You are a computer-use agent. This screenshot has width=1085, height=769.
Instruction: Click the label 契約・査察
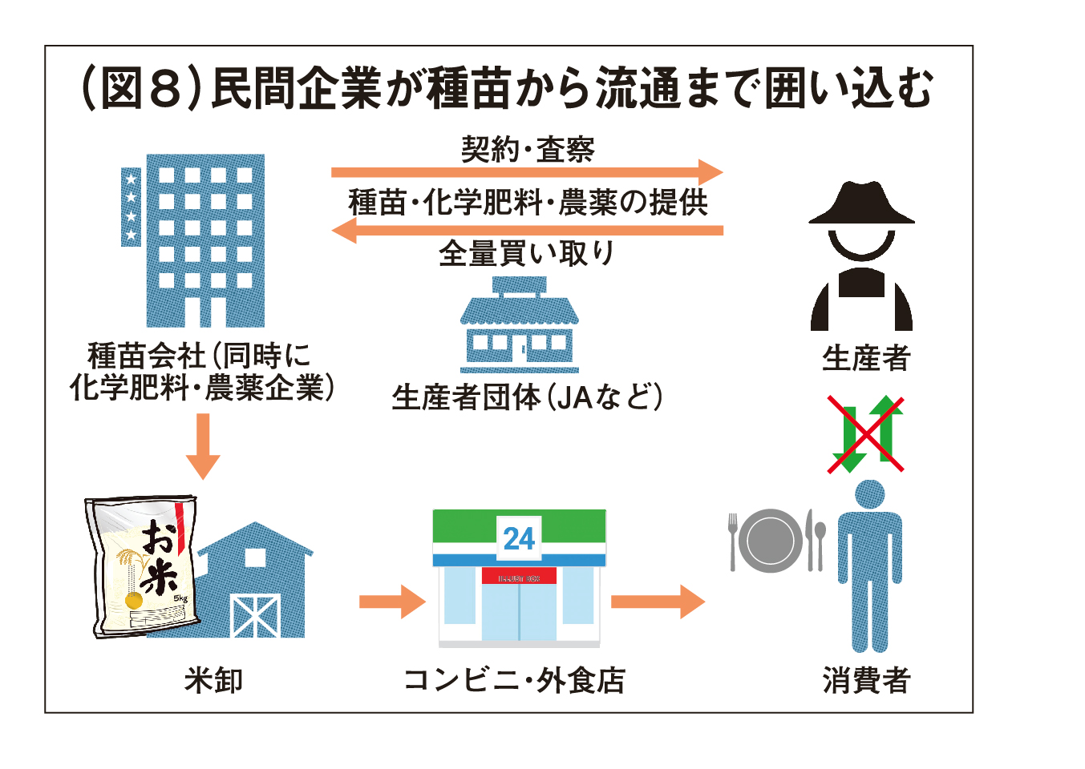coord(528,149)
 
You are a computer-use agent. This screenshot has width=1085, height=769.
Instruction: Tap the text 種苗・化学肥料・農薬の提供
coord(528,202)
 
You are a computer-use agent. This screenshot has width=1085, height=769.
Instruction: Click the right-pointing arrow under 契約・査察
coord(527,172)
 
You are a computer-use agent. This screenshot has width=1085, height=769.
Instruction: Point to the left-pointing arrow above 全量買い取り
coord(527,231)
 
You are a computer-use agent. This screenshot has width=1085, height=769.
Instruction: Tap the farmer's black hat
coord(861,203)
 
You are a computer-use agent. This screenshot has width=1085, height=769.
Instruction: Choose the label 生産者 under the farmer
coord(866,358)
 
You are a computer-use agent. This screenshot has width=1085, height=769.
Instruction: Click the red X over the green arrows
coord(866,433)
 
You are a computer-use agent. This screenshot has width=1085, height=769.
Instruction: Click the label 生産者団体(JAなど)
coord(527,397)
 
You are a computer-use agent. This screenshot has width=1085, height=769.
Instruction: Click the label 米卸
coord(213,680)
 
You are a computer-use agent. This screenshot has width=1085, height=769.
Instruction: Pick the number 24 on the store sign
coord(519,538)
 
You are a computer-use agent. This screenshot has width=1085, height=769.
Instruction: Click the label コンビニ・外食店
coord(514,680)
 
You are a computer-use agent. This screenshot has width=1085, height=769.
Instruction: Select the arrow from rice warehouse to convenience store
coord(392,602)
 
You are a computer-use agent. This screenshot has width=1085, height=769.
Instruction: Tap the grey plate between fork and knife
coord(770,541)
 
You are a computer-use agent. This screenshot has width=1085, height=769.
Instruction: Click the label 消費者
coord(866,680)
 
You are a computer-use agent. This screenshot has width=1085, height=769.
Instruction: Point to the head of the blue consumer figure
coord(869,494)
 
